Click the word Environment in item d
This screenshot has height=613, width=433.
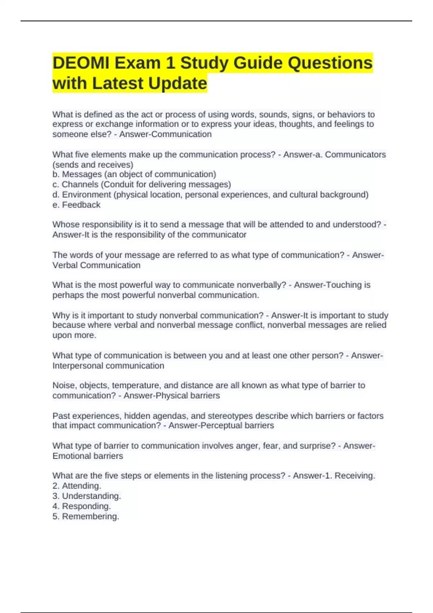(87, 195)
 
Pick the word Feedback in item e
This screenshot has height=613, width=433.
(81, 205)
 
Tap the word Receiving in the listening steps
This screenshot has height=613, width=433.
(354, 476)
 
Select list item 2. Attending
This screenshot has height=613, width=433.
(76, 486)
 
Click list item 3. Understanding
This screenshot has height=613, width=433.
(87, 496)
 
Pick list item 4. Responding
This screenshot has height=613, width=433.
(82, 506)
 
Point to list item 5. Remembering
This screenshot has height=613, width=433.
(86, 516)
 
